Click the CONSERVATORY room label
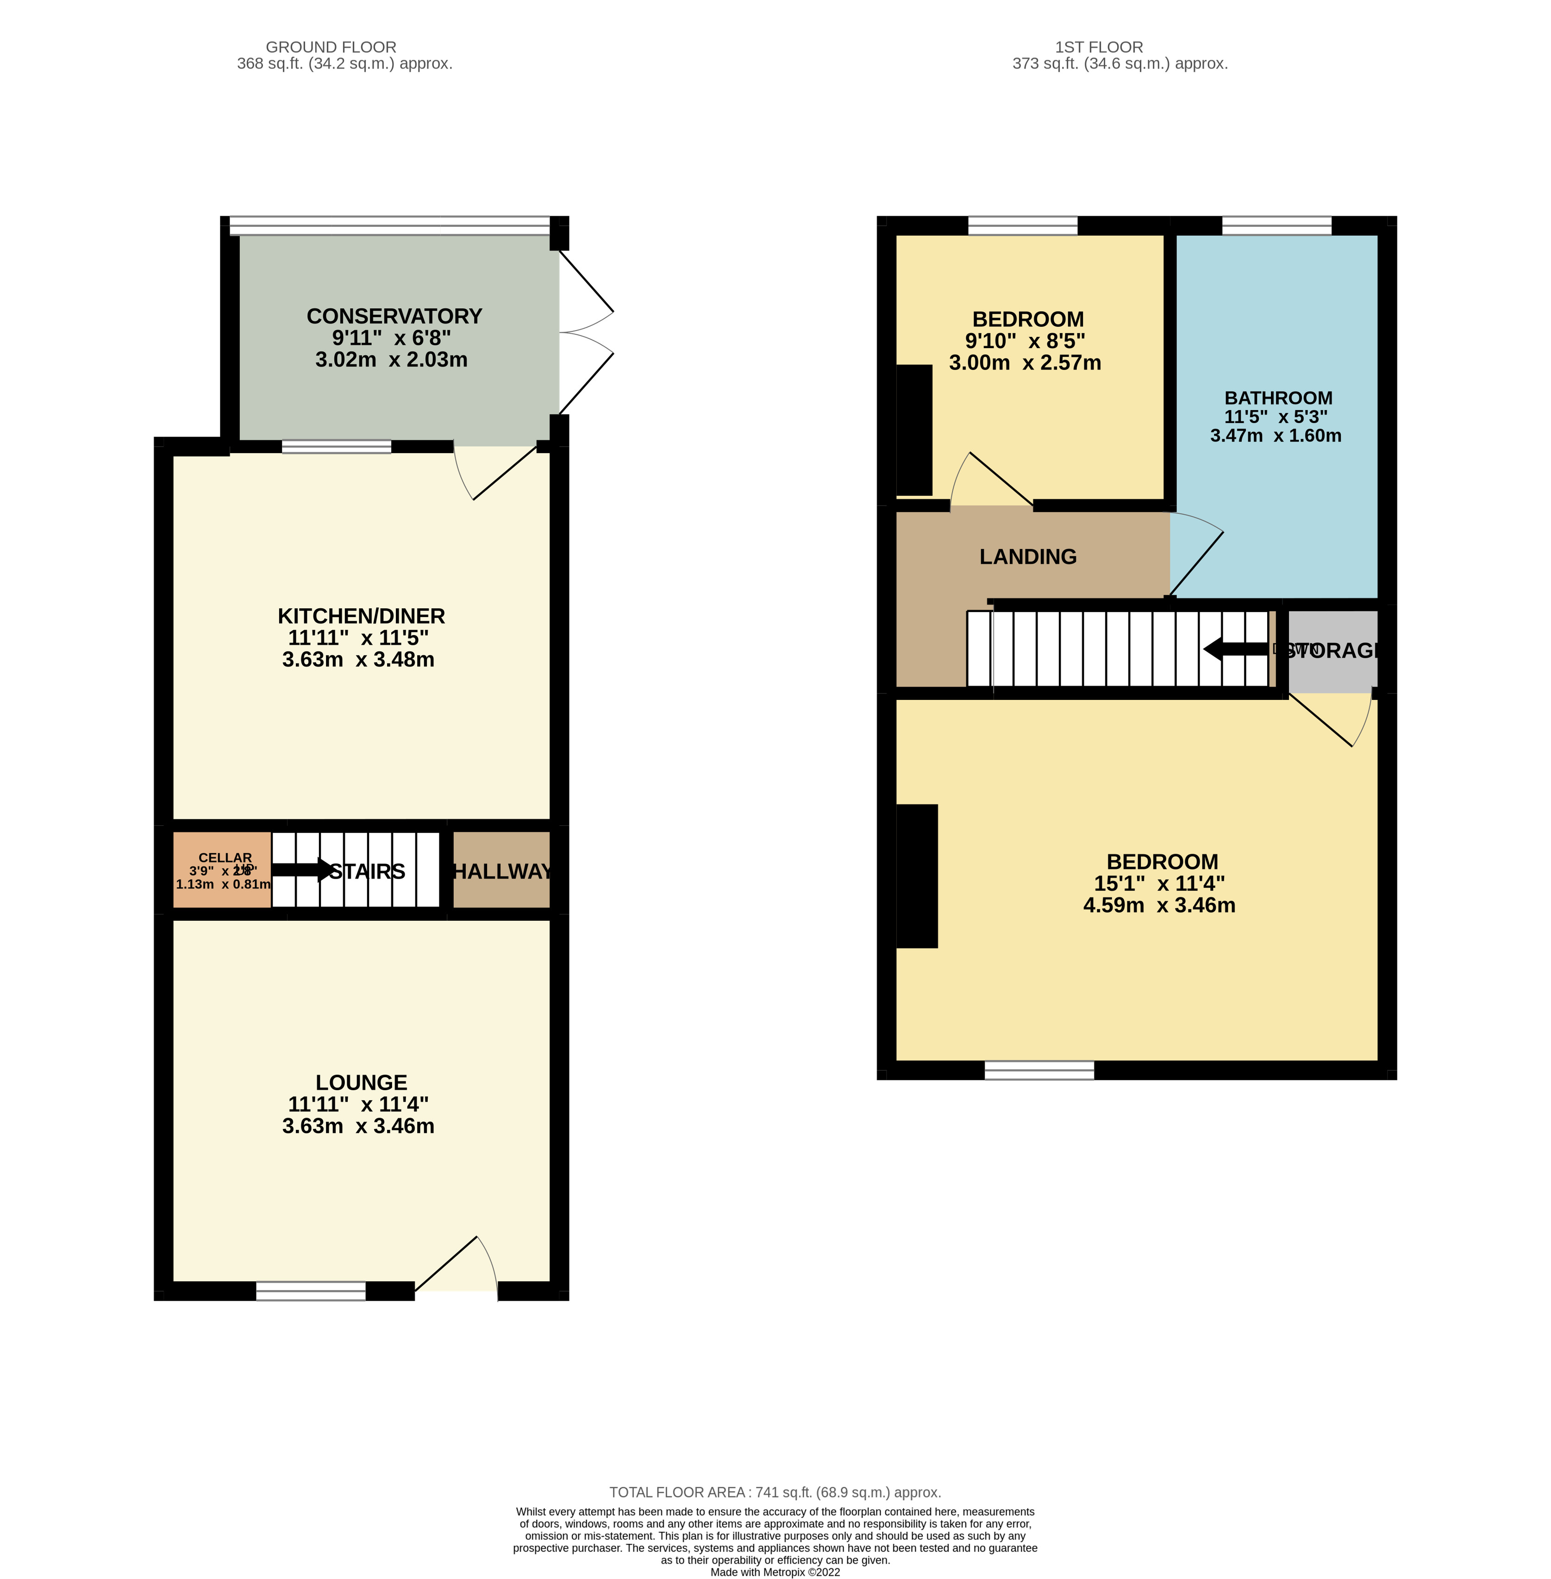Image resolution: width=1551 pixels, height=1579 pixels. click(394, 316)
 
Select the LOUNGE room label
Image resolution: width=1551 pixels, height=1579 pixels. click(361, 1082)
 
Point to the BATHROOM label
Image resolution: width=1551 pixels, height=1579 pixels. click(1278, 398)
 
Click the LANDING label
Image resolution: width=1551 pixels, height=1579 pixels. click(1027, 557)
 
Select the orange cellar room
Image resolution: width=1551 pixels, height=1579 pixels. click(222, 870)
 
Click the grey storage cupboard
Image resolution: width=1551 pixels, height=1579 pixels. click(1332, 651)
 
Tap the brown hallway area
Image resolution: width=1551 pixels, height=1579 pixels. click(501, 870)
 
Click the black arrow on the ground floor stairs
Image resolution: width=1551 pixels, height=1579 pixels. click(301, 870)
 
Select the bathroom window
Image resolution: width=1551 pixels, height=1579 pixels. click(1276, 225)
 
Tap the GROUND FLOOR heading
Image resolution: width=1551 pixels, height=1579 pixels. click(331, 47)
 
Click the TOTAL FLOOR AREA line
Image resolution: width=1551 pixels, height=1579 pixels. click(775, 1492)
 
